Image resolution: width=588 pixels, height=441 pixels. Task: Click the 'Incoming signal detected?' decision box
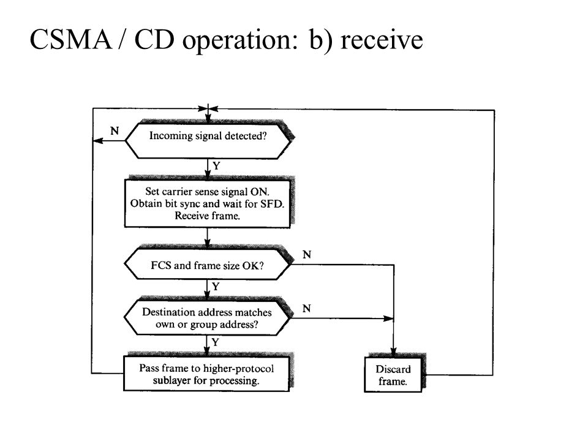[208, 140]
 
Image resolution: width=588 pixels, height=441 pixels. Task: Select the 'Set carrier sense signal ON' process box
[208, 203]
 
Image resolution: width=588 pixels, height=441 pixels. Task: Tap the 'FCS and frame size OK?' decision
[208, 265]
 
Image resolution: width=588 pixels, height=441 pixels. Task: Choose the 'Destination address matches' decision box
[207, 318]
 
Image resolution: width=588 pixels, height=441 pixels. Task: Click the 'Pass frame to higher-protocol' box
[206, 374]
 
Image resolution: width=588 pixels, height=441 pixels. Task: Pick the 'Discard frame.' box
[393, 375]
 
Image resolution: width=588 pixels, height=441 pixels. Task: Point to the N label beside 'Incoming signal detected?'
[115, 130]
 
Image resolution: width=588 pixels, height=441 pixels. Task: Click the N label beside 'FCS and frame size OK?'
[307, 255]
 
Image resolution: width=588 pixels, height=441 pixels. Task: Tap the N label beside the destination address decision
[307, 308]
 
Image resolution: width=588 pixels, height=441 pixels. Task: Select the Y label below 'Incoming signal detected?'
[216, 165]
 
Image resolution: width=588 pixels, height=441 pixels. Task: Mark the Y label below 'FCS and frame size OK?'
[216, 287]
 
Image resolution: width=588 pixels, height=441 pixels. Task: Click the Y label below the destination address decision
[215, 342]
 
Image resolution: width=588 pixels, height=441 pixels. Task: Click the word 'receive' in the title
[382, 40]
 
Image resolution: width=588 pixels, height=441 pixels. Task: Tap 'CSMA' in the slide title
[70, 39]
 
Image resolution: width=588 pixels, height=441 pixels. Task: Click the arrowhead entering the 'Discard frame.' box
[393, 352]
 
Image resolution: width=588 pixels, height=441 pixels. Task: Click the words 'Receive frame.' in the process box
[208, 216]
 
